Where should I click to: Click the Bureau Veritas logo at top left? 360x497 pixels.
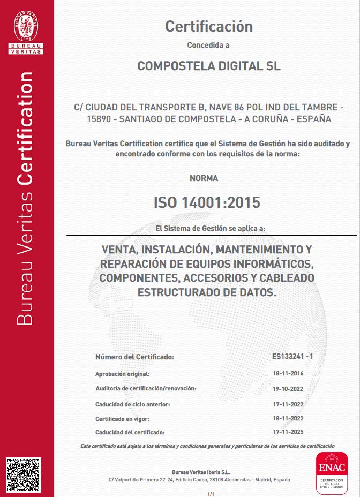click(26, 31)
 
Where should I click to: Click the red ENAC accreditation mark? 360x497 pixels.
click(331, 472)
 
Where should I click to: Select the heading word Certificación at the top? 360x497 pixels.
click(208, 26)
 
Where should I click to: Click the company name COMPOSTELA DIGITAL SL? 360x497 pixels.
click(209, 66)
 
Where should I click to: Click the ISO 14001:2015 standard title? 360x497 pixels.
click(207, 202)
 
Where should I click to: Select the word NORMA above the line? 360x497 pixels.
click(204, 178)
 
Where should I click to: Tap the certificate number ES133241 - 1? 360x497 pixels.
click(292, 356)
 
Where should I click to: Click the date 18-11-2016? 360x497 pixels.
click(288, 373)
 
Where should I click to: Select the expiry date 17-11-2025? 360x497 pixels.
click(288, 431)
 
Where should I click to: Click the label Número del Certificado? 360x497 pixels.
click(134, 357)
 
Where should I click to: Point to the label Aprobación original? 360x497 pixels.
click(122, 374)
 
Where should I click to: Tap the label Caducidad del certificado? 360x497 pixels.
click(130, 432)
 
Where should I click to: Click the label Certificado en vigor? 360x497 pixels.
click(122, 418)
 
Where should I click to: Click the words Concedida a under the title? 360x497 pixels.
click(208, 45)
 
